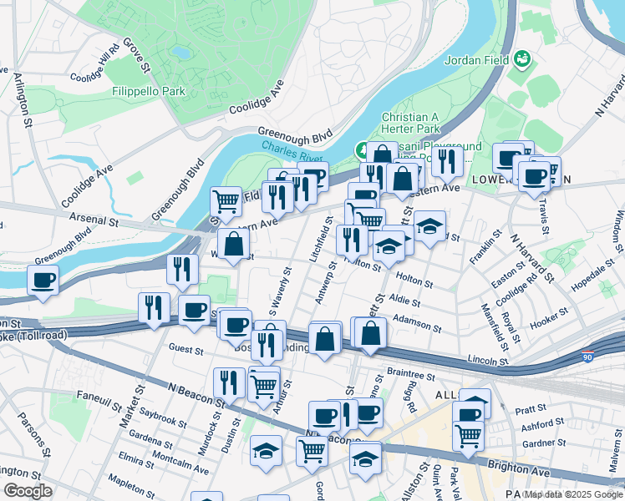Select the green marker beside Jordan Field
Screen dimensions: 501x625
pos(523,59)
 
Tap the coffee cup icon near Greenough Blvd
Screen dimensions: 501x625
pos(43,281)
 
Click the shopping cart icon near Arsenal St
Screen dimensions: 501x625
pos(226,201)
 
